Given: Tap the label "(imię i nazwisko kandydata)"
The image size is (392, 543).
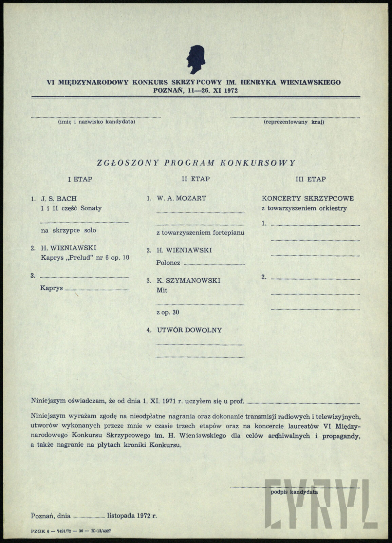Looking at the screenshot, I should [96, 121].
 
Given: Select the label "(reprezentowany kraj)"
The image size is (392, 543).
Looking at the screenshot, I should [294, 121].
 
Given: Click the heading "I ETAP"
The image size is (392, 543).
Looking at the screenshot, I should [80, 179].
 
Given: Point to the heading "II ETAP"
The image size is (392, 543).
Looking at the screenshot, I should [196, 179].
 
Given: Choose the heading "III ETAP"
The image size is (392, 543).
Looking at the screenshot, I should [311, 179].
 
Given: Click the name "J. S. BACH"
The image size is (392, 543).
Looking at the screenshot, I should [59, 199].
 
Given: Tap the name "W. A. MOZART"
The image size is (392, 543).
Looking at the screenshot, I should [181, 198].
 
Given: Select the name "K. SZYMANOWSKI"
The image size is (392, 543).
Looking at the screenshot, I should [188, 281].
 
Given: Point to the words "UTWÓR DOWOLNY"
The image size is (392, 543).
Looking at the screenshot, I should [189, 330].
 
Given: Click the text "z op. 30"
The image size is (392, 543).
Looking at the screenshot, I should [168, 312].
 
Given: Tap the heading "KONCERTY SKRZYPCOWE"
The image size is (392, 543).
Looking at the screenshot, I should [307, 198].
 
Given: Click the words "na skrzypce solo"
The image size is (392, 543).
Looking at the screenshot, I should [68, 230].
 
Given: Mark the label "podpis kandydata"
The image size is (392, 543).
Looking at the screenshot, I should [294, 492].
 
